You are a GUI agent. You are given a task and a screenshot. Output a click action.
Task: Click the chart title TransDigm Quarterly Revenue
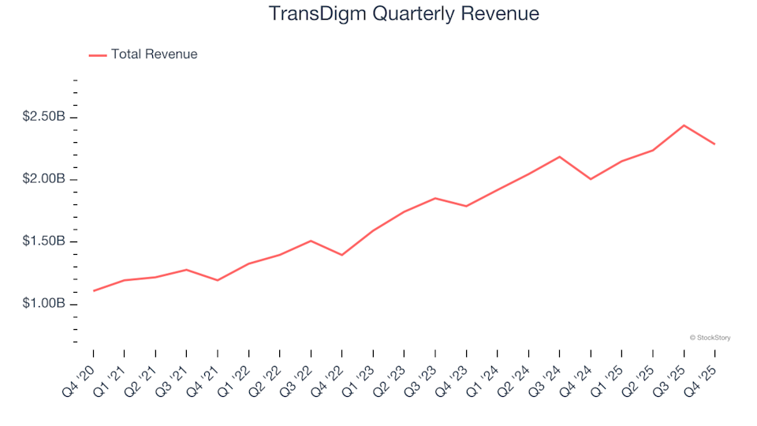pos(404,14)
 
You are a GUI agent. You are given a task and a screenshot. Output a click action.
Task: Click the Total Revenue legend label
pos(154,54)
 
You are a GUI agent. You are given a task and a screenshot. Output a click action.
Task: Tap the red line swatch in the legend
pos(98,55)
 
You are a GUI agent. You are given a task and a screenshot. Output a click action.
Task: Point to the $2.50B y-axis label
pos(43,118)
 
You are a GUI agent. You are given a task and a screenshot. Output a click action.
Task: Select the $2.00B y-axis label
pos(43,180)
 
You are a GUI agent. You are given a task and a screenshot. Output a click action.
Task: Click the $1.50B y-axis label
pos(43,241)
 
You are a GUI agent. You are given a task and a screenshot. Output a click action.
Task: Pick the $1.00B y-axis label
pos(43,304)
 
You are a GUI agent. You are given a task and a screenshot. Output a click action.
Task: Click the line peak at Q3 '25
pos(684,125)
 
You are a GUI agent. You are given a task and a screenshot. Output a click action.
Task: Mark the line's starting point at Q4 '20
pos(94,291)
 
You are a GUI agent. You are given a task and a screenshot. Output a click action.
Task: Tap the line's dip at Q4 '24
pos(591,179)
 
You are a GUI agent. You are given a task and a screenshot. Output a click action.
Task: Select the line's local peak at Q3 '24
pos(560,156)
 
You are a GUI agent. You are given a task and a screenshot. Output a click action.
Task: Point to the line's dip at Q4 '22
pos(342,255)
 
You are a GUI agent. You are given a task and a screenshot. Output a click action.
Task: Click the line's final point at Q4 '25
pos(714,144)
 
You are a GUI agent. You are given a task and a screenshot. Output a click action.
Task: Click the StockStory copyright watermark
pos(710,338)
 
